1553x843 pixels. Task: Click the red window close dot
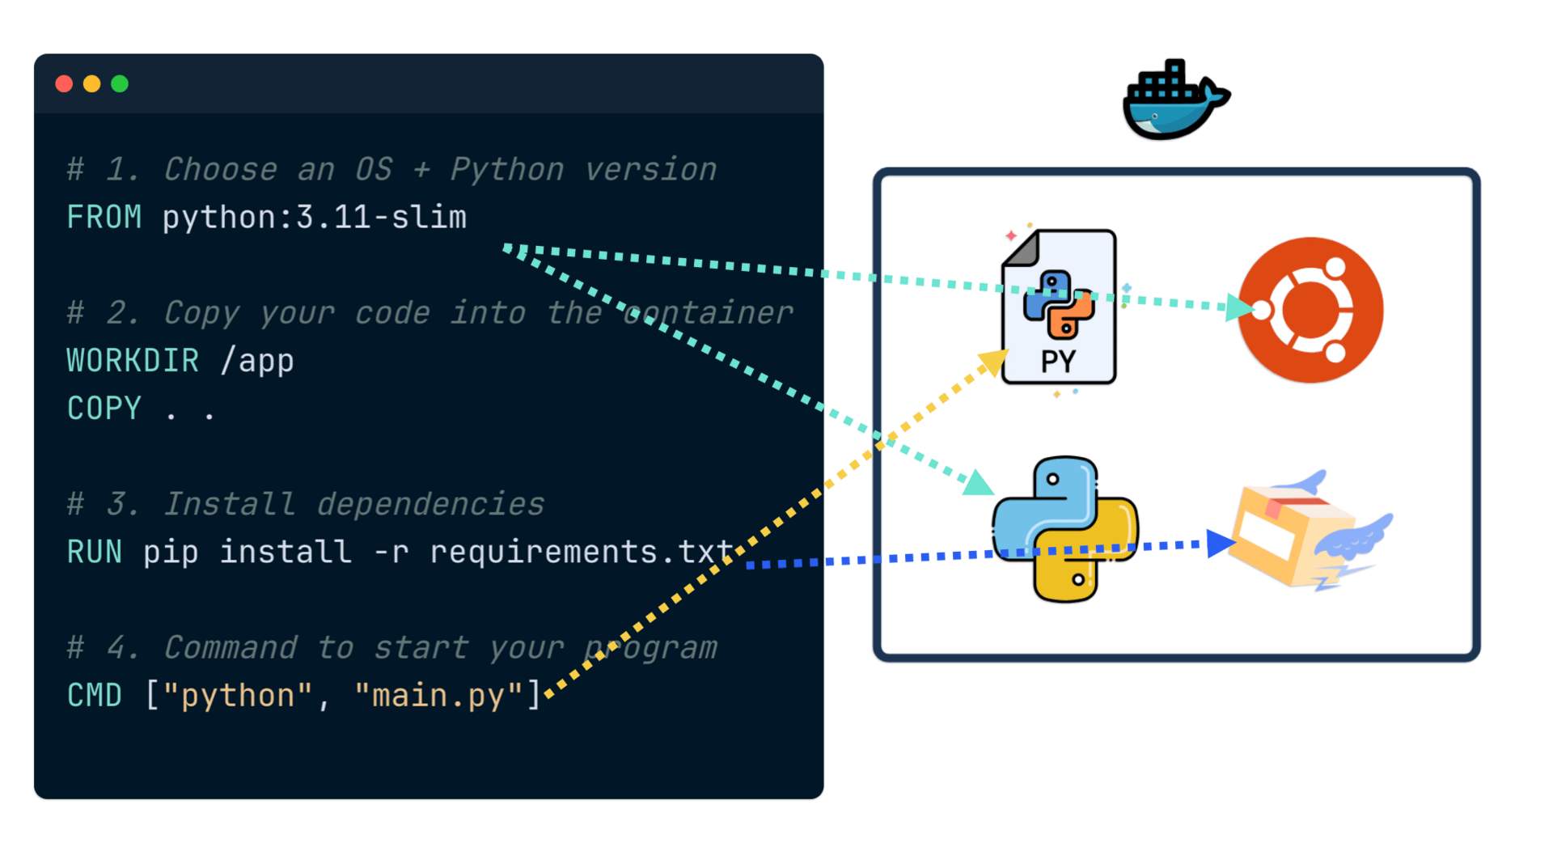64,84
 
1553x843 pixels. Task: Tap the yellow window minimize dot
92,84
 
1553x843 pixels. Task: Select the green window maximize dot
120,84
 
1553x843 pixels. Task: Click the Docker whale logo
1174,100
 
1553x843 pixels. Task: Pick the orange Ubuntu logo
1310,310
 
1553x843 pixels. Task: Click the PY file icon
1059,307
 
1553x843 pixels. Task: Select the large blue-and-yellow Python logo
1065,529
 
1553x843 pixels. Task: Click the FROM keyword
104,218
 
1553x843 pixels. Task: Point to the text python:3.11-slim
315,218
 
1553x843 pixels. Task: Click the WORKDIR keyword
133,361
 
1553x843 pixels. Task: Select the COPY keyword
104,409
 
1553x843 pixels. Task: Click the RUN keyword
94,552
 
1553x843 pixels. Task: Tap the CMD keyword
94,696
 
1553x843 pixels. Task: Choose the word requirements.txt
581,552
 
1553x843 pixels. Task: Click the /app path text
257,361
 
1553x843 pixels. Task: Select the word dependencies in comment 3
430,504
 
